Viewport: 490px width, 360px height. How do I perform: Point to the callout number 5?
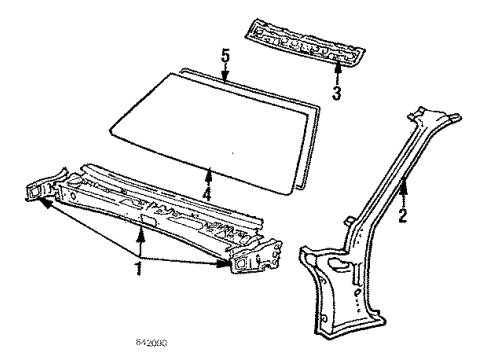[225, 58]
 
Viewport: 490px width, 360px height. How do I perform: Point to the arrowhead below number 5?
[225, 77]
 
